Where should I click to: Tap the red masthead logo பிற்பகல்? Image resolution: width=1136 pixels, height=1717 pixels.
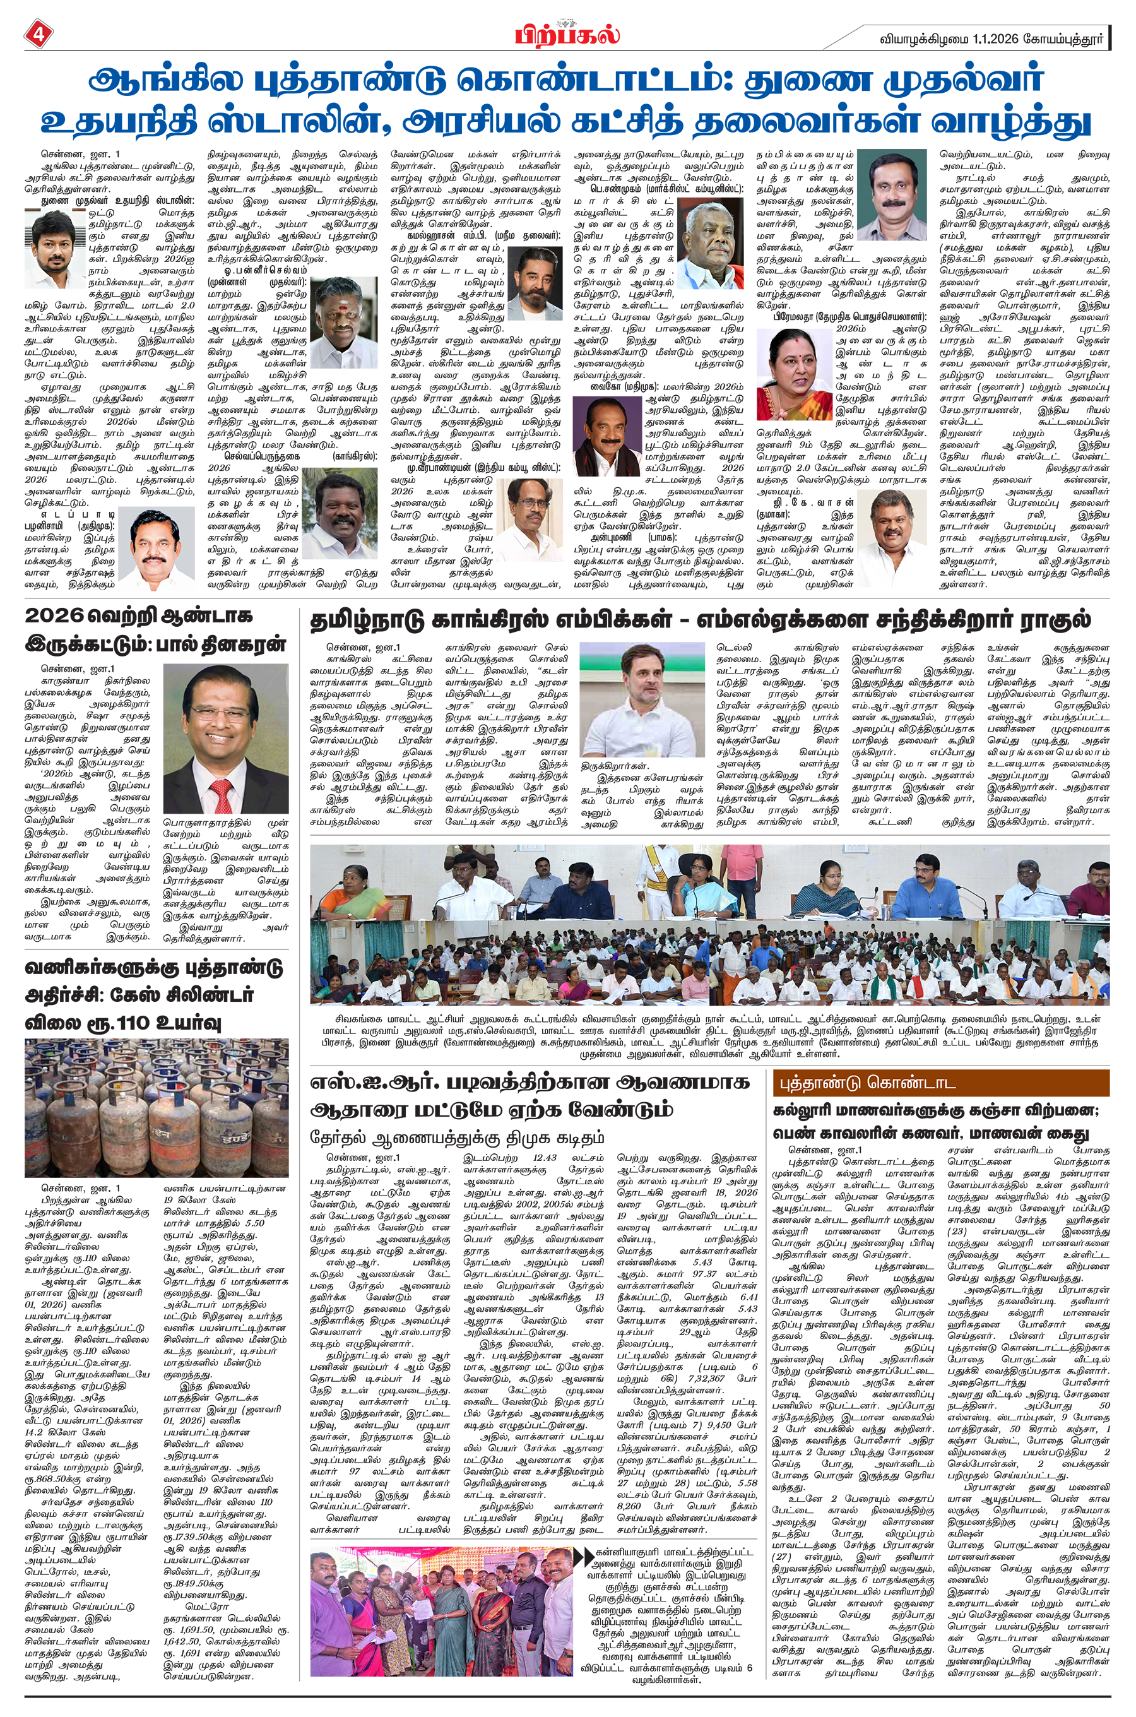point(567,34)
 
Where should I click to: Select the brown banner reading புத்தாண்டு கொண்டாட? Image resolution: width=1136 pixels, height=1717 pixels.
point(941,1083)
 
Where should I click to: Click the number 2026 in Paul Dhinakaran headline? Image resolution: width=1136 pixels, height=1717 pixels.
point(54,617)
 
